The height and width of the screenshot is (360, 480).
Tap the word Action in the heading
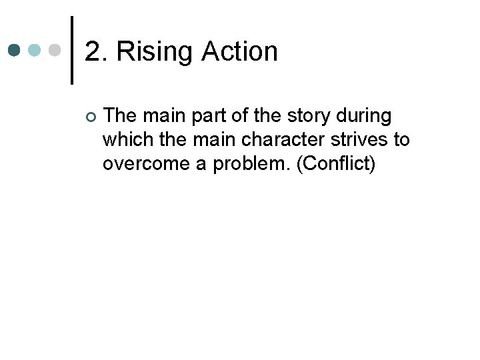[239, 51]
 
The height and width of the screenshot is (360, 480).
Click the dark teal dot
[15, 51]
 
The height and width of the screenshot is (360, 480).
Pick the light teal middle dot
[35, 51]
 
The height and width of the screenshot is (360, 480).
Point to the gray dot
[55, 51]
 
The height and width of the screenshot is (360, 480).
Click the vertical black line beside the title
[71, 51]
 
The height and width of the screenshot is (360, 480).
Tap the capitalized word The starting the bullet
[120, 116]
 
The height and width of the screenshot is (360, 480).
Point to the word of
[227, 116]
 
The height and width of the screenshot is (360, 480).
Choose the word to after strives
[402, 141]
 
